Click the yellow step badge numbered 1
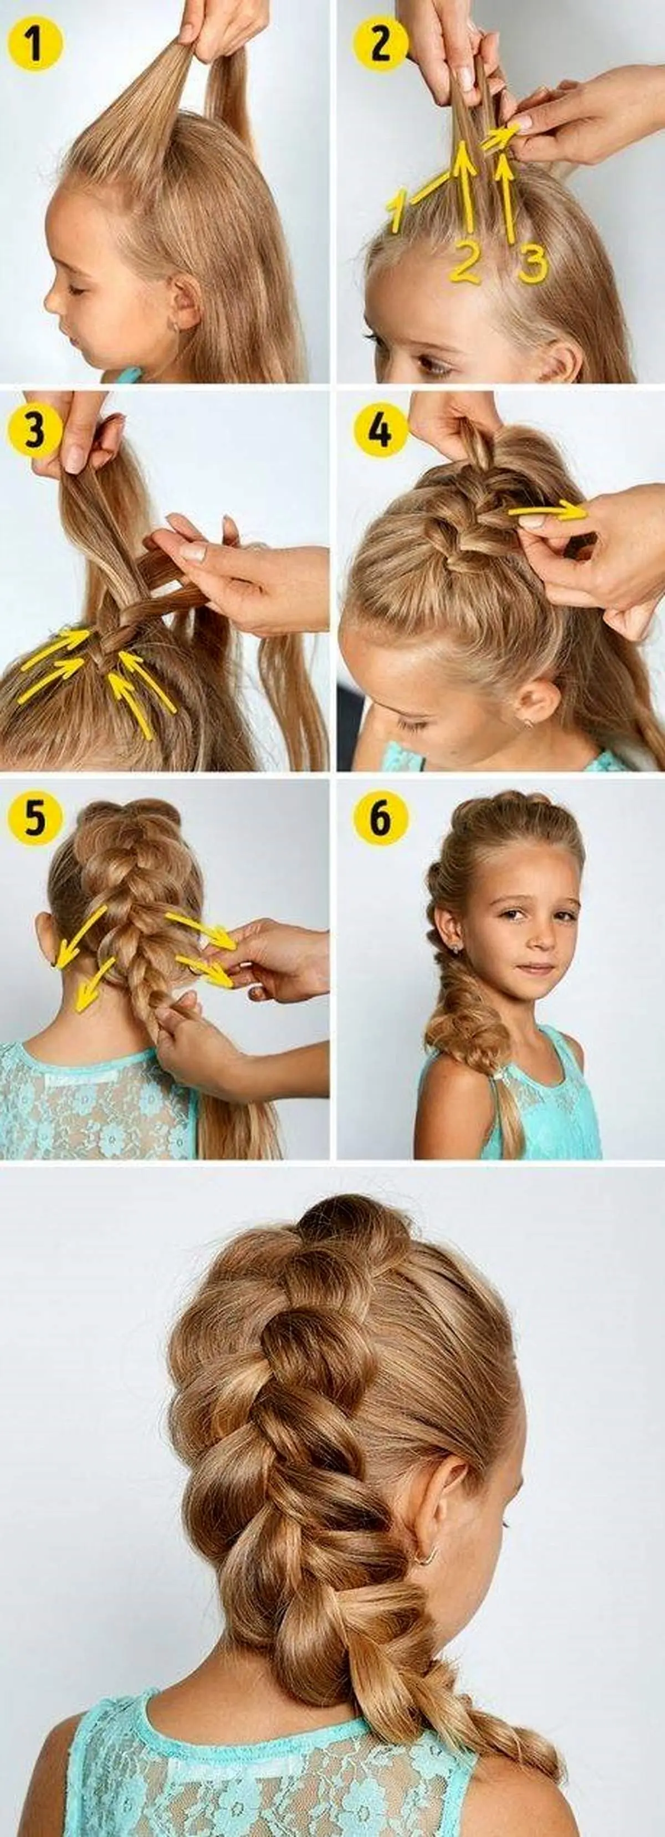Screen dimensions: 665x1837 click(35, 45)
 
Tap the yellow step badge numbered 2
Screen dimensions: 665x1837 click(380, 44)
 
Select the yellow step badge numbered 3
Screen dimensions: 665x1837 click(35, 432)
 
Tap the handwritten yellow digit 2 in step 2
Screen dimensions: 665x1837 click(464, 261)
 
